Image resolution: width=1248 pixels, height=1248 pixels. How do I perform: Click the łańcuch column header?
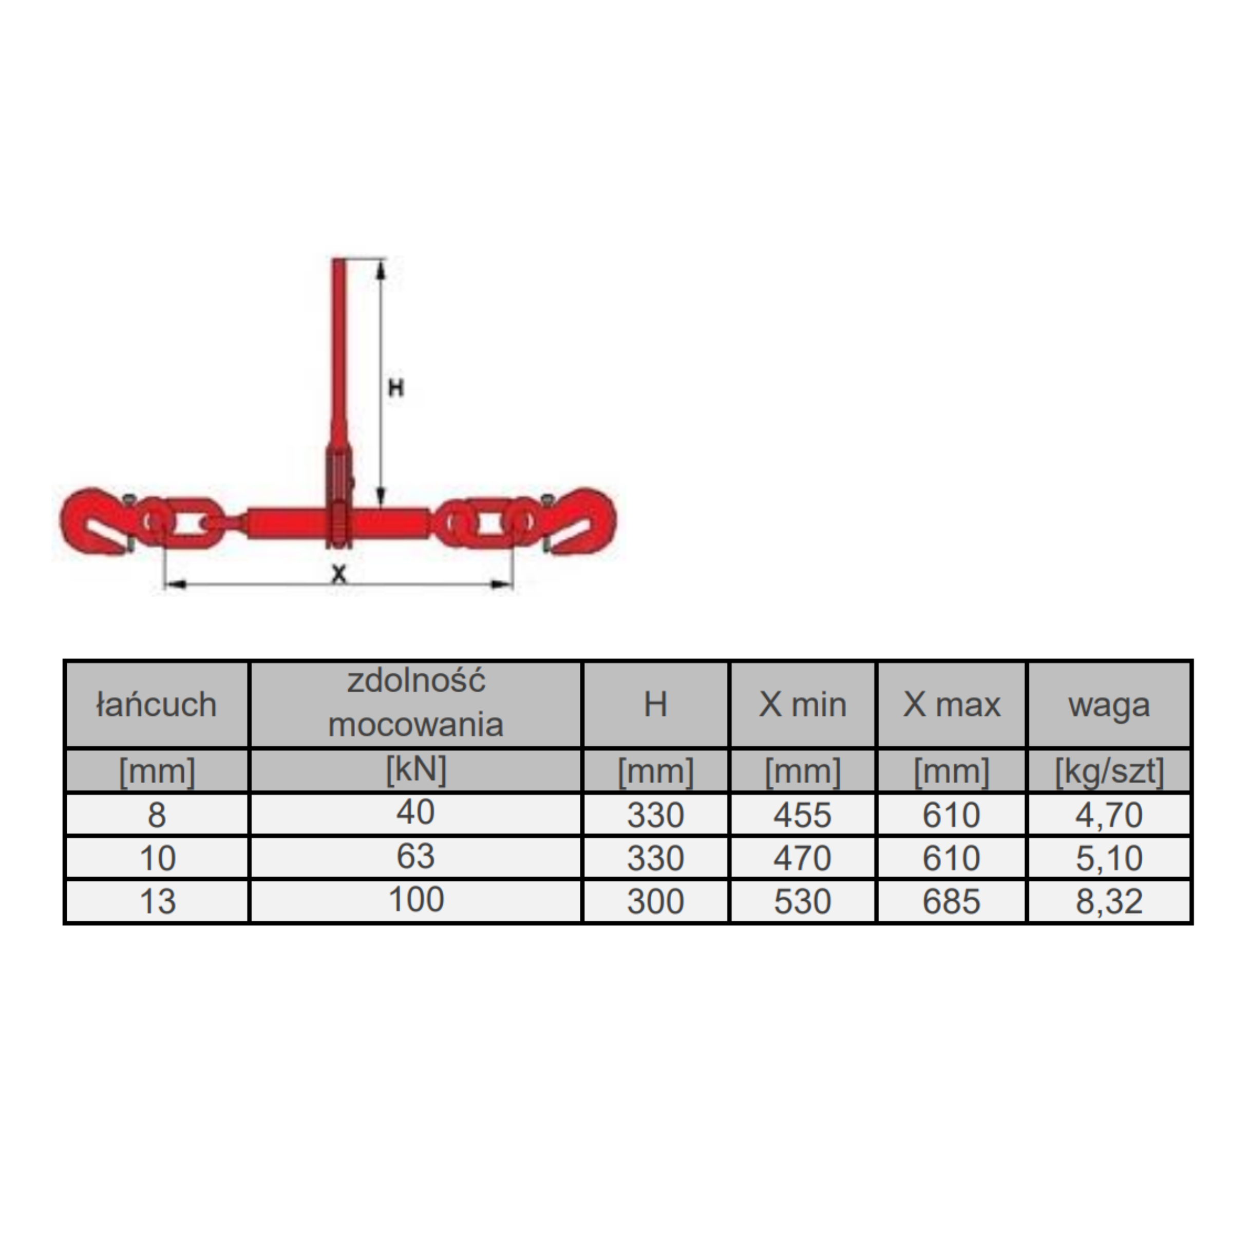pos(156,705)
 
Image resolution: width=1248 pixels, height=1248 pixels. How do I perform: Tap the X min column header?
pos(802,705)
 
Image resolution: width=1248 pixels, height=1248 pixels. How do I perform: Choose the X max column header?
pos(952,705)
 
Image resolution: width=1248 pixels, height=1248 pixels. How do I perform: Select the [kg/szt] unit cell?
pos(1109,771)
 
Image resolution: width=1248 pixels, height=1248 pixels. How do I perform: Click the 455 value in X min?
pos(802,815)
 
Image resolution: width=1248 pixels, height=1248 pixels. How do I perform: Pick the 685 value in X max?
pos(952,902)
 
